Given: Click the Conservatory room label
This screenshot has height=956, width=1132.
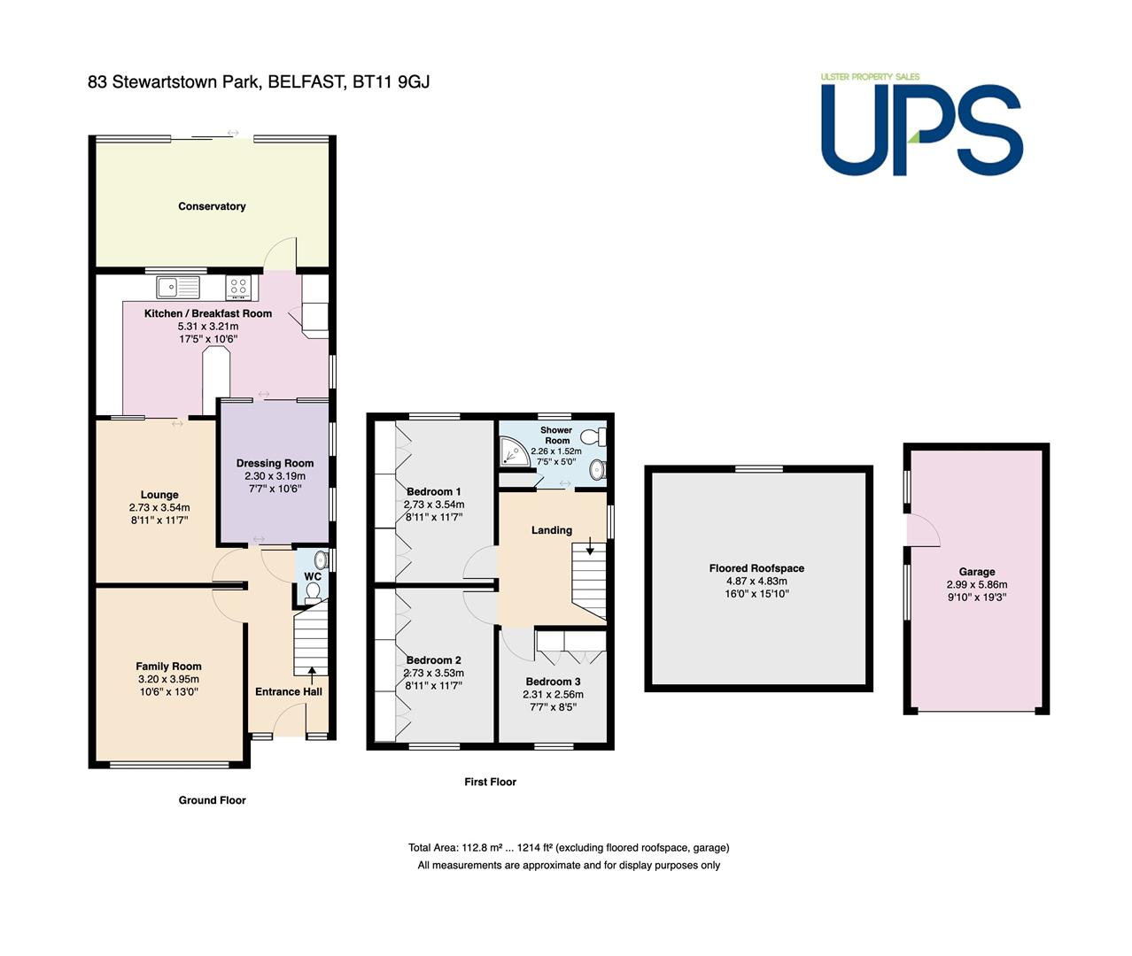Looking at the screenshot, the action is tap(212, 206).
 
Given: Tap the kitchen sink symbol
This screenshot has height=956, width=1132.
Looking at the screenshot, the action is tap(178, 287).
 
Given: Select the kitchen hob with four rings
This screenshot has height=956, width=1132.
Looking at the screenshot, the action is tap(238, 287).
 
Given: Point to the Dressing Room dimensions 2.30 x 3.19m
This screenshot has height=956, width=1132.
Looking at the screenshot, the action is tap(275, 476).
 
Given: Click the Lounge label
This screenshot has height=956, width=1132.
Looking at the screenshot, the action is tap(159, 495).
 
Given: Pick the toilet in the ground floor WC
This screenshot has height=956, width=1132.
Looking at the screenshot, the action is tap(314, 593).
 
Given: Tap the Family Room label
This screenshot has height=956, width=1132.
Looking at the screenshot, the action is tap(168, 667).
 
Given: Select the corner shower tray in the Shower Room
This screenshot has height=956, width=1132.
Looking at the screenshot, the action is tap(515, 452).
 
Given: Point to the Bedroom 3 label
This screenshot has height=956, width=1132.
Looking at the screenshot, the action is tap(553, 682).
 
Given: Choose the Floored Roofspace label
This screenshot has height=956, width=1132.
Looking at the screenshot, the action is tap(756, 568).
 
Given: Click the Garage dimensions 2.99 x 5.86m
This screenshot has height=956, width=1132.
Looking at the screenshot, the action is tap(977, 585).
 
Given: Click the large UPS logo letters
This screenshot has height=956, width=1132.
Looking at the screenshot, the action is tap(922, 130).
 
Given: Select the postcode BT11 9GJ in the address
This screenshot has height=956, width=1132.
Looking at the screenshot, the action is tap(391, 81).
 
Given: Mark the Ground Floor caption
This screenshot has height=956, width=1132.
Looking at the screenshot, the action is tap(212, 800).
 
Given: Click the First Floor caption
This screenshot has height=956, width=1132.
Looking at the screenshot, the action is tap(490, 782).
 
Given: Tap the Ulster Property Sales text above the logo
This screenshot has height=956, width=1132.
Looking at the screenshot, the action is tap(870, 77).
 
